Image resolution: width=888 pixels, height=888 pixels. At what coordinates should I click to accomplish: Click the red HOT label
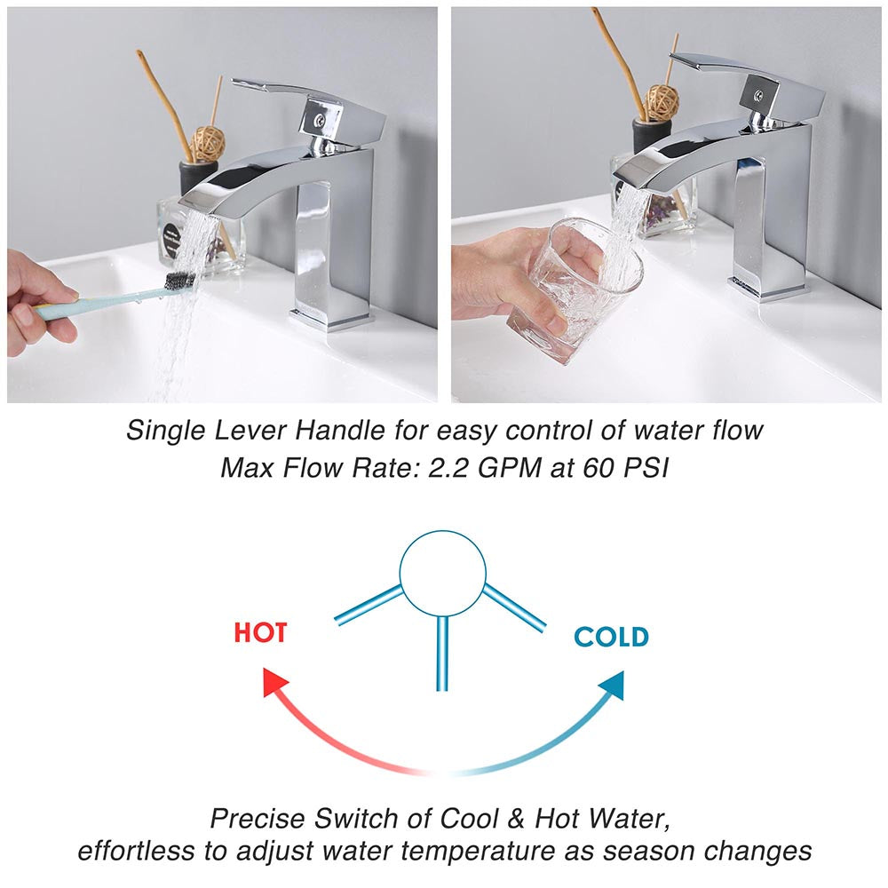tap(260, 632)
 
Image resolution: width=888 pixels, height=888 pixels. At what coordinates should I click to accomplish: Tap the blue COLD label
tap(611, 637)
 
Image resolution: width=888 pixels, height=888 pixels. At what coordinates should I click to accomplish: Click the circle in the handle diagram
tap(443, 573)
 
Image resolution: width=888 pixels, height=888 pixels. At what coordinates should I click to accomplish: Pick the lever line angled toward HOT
tap(369, 606)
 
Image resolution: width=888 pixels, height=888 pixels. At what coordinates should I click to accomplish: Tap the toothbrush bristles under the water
tap(180, 281)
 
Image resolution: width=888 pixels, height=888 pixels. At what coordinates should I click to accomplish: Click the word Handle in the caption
tap(340, 431)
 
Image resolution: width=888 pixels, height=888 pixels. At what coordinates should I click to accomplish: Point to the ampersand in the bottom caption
tap(516, 819)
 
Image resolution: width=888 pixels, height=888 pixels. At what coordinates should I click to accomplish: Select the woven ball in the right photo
tap(662, 102)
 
